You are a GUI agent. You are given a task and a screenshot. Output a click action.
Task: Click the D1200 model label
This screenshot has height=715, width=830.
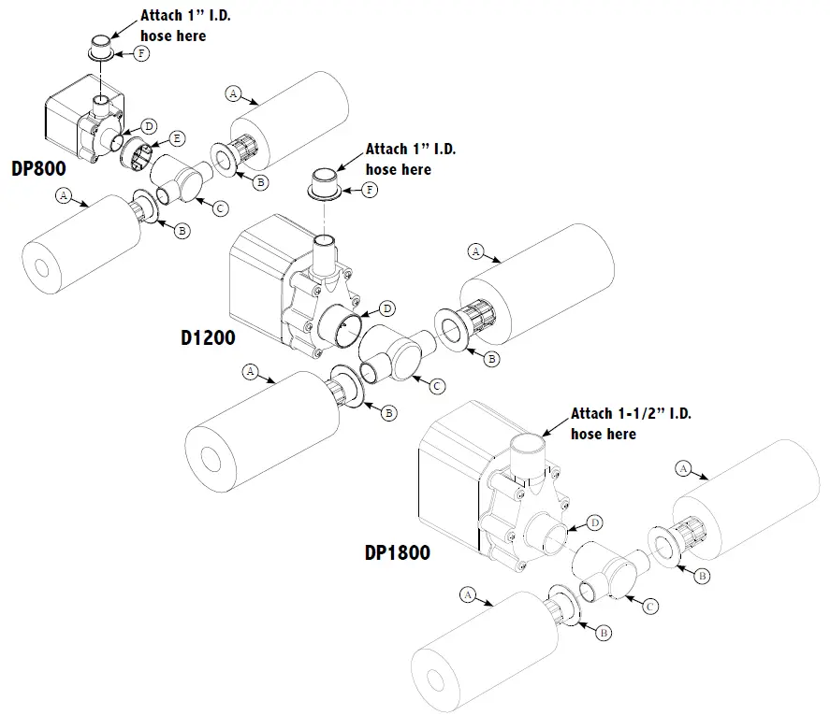pyautogui.click(x=208, y=337)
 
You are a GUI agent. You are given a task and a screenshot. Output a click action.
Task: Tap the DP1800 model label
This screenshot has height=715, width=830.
pyautogui.click(x=398, y=552)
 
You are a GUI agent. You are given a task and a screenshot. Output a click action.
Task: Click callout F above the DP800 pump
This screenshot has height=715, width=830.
pyautogui.click(x=142, y=54)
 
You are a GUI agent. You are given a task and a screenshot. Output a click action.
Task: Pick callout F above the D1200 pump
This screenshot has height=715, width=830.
pyautogui.click(x=371, y=190)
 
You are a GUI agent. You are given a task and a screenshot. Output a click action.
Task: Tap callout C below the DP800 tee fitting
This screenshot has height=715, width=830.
pyautogui.click(x=221, y=207)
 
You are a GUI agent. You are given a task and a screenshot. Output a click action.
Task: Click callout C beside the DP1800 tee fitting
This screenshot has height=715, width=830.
pyautogui.click(x=648, y=606)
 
